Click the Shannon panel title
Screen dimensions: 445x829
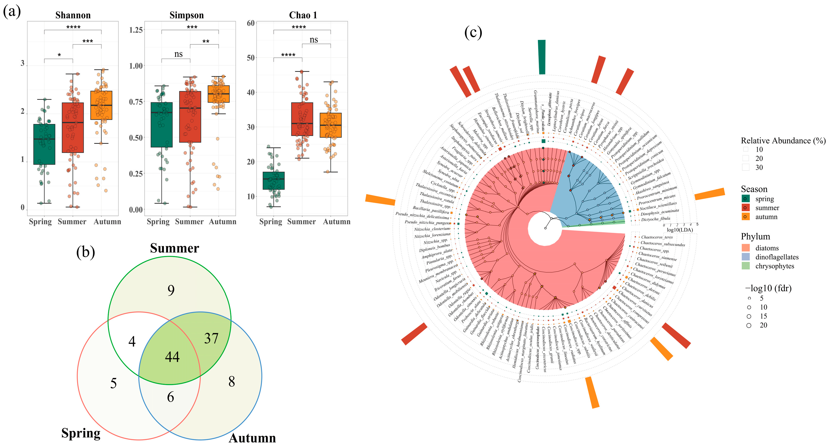[73, 15]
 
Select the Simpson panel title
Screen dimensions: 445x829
[187, 15]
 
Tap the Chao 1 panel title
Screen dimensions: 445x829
[303, 15]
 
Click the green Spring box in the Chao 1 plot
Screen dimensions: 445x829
[273, 181]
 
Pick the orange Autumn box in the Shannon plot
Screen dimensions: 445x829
[101, 105]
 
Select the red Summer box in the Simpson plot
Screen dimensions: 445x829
[190, 117]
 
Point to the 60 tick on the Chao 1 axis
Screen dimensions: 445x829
[251, 23]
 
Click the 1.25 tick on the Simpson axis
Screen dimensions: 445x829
[136, 30]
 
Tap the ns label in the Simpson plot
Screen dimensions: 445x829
[178, 54]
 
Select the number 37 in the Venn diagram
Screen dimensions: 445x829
[211, 338]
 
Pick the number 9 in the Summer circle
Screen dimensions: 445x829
[171, 290]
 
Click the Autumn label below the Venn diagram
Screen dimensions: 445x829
[252, 438]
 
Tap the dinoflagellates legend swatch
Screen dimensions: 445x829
[746, 257]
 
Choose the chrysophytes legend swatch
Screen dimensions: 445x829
[746, 266]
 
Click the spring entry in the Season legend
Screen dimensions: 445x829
[764, 199]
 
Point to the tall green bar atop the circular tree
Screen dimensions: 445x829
[542, 57]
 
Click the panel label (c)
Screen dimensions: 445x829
[473, 33]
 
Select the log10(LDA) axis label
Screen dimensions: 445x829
[680, 230]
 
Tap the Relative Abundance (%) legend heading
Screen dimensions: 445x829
[783, 141]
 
